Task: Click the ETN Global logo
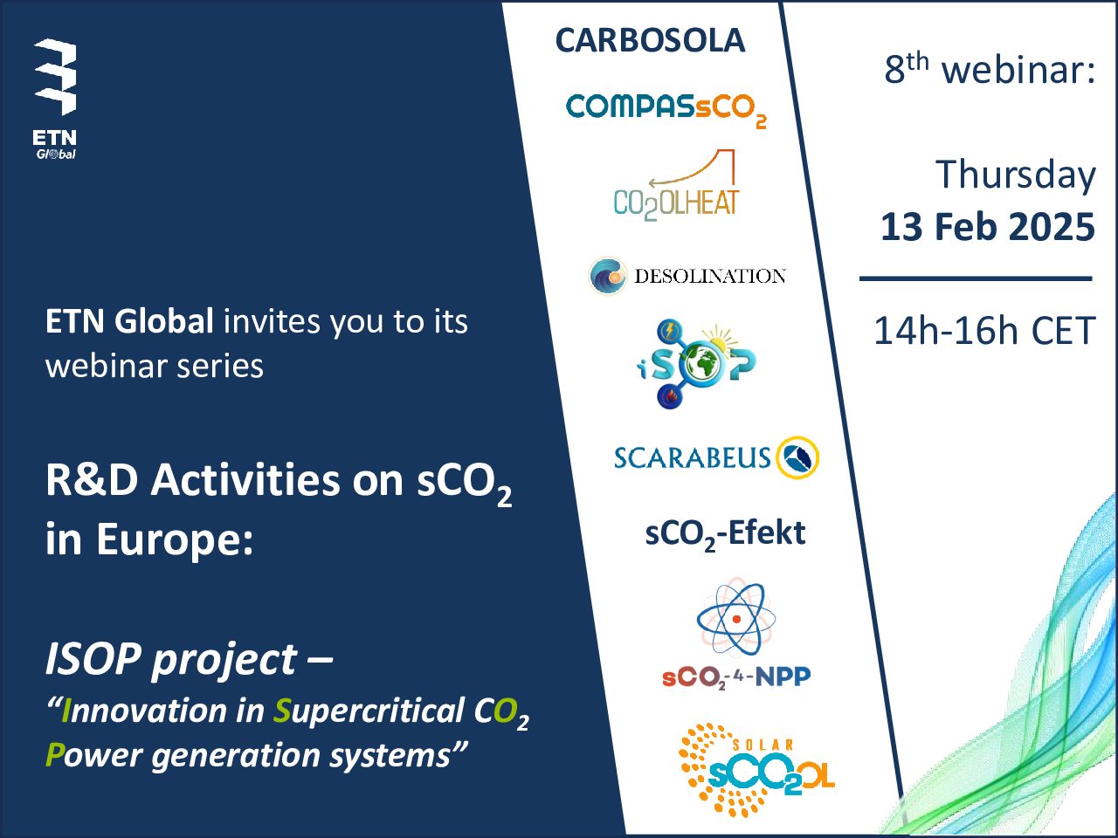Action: pyautogui.click(x=56, y=99)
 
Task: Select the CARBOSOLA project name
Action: pyautogui.click(x=650, y=40)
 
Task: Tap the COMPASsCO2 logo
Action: pyautogui.click(x=666, y=110)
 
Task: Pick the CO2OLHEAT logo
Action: pyautogui.click(x=676, y=185)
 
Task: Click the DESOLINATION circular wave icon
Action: pyautogui.click(x=608, y=275)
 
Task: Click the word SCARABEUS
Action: pyautogui.click(x=692, y=457)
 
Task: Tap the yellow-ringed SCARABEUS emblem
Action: pyautogui.click(x=797, y=457)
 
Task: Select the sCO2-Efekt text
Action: pyautogui.click(x=725, y=534)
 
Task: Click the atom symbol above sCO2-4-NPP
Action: pyautogui.click(x=736, y=618)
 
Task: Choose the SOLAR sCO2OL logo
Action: pyautogui.click(x=757, y=770)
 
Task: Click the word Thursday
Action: pyautogui.click(x=1016, y=175)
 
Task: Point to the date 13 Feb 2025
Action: pyautogui.click(x=988, y=226)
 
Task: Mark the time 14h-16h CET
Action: pyautogui.click(x=984, y=331)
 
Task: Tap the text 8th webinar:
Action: pyautogui.click(x=990, y=68)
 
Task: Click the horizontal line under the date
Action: pyautogui.click(x=976, y=278)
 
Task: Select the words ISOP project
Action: pyautogui.click(x=170, y=660)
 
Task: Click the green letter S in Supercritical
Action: pyautogui.click(x=282, y=711)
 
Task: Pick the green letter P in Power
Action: pyautogui.click(x=55, y=754)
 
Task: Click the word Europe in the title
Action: pyautogui.click(x=174, y=540)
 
